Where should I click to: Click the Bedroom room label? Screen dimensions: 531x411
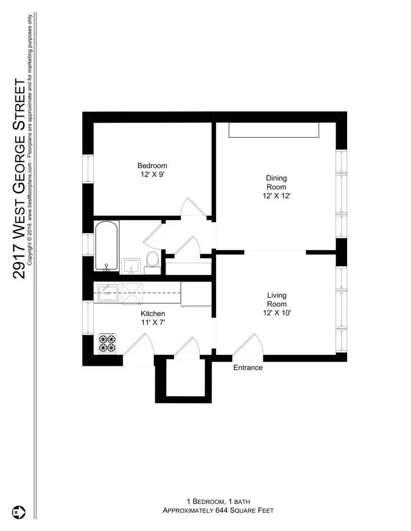(152, 166)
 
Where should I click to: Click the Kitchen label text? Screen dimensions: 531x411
(153, 314)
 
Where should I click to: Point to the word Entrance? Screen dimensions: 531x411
(248, 368)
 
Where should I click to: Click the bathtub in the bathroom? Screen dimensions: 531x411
(106, 246)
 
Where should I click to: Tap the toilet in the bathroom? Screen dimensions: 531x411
(152, 261)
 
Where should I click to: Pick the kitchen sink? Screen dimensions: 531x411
(107, 294)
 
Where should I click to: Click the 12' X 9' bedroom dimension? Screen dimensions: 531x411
(152, 174)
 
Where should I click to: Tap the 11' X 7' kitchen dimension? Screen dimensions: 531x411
(153, 323)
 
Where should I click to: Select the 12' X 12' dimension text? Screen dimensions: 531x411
(276, 196)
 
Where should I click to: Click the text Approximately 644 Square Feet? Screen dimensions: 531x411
(218, 511)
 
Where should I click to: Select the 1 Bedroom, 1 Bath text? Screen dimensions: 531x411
(218, 501)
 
